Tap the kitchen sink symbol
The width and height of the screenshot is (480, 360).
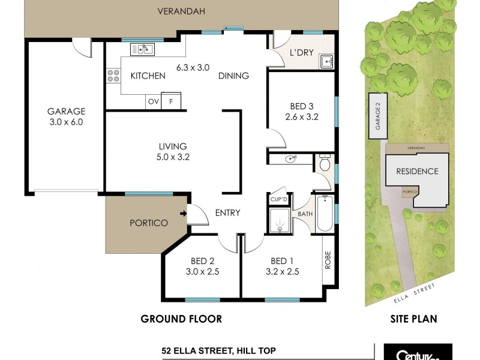click(x=145, y=49)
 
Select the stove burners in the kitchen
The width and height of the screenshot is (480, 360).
click(x=112, y=76)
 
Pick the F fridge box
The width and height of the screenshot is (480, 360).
click(x=172, y=101)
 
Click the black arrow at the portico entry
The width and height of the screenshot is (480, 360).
click(x=182, y=212)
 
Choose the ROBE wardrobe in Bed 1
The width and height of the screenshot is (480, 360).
click(x=328, y=259)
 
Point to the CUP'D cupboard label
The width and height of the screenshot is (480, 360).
click(x=278, y=199)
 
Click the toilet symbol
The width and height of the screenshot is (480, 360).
click(x=325, y=164)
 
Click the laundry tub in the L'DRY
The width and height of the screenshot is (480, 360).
click(x=326, y=61)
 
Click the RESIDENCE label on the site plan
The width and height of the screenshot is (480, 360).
click(x=416, y=171)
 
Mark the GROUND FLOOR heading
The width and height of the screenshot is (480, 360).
click(x=181, y=319)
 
